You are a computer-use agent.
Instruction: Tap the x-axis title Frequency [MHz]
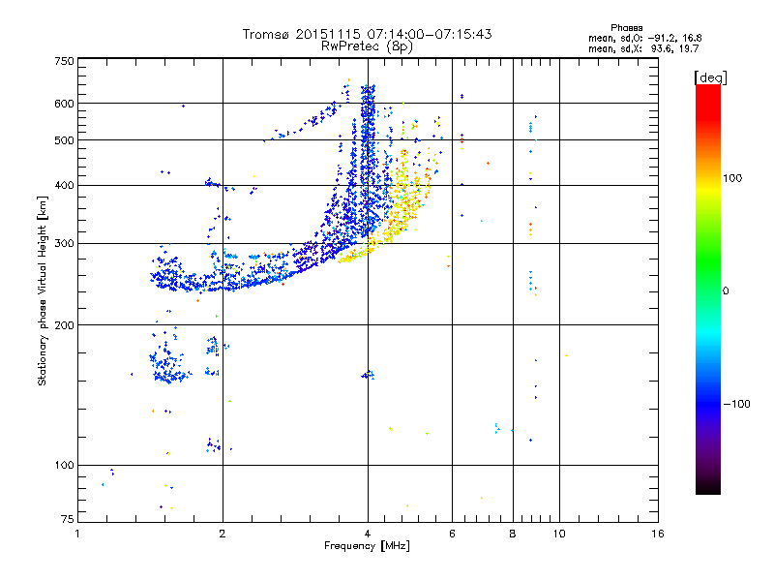coord(368,547)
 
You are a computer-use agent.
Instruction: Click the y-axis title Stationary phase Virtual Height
coord(43,290)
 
